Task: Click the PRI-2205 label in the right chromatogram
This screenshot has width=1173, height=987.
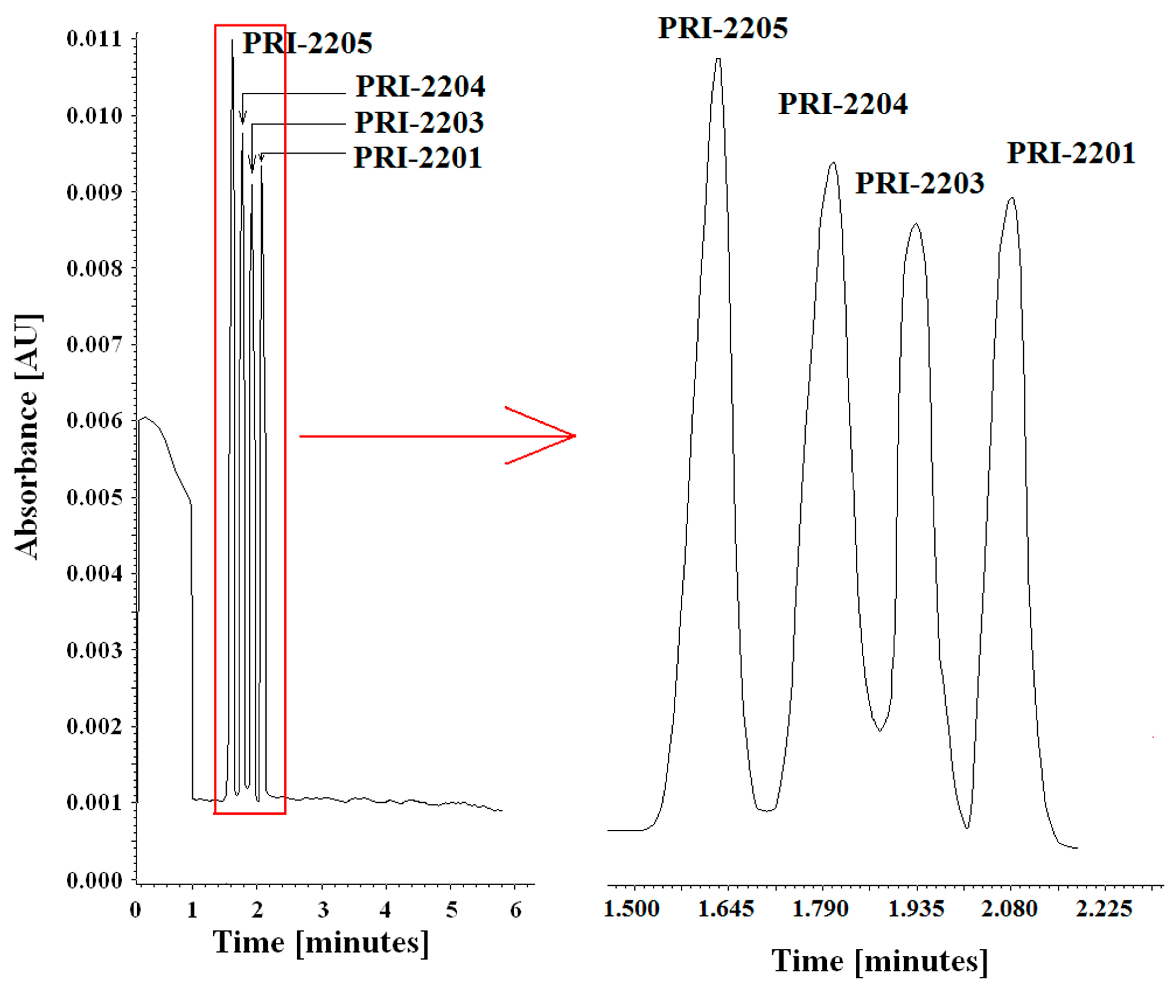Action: click(x=723, y=28)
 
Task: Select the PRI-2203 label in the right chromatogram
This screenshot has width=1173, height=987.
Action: click(x=920, y=183)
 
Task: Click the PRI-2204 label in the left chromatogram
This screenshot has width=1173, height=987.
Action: click(x=420, y=86)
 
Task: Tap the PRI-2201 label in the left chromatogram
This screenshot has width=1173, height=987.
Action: click(x=417, y=157)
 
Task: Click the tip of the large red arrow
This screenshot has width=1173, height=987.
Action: click(x=575, y=436)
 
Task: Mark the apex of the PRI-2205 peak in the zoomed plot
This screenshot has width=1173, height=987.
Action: click(x=719, y=58)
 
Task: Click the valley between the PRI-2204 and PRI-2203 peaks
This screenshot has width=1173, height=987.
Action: click(x=880, y=730)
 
